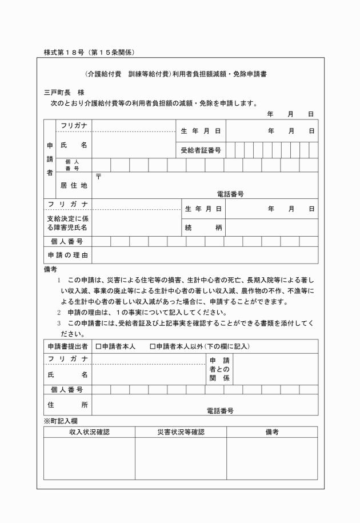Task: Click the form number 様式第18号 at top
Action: (89, 53)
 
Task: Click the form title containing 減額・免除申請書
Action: (180, 74)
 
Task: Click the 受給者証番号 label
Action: (201, 150)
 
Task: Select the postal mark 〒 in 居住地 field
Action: (98, 177)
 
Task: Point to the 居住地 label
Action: (74, 185)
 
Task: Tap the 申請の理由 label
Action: (68, 255)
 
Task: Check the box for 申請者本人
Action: (99, 346)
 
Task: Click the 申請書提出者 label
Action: (68, 346)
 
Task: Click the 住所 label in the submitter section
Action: (68, 405)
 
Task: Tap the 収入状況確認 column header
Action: (89, 432)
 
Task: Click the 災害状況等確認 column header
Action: (181, 432)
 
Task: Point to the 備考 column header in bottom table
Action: (272, 432)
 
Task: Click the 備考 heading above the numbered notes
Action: (50, 268)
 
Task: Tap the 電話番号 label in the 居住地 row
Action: (230, 194)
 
